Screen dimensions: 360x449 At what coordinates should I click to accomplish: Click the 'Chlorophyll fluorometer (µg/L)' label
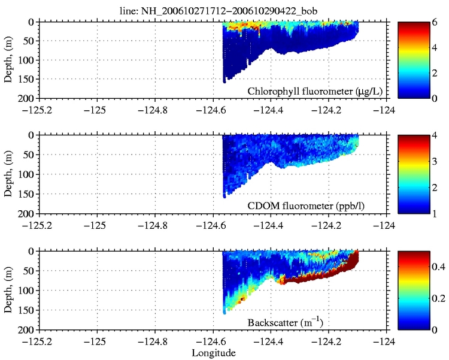[315, 91]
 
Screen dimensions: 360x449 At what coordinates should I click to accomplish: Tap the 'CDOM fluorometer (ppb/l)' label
[315, 206]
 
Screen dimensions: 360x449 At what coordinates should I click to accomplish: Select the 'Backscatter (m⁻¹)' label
[286, 323]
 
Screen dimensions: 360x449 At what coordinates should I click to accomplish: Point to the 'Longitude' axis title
[213, 353]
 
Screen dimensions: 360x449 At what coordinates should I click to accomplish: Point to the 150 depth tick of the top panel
[28, 78]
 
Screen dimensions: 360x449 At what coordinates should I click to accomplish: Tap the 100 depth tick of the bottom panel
[28, 291]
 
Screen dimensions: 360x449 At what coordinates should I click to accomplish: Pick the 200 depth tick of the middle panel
[28, 213]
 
